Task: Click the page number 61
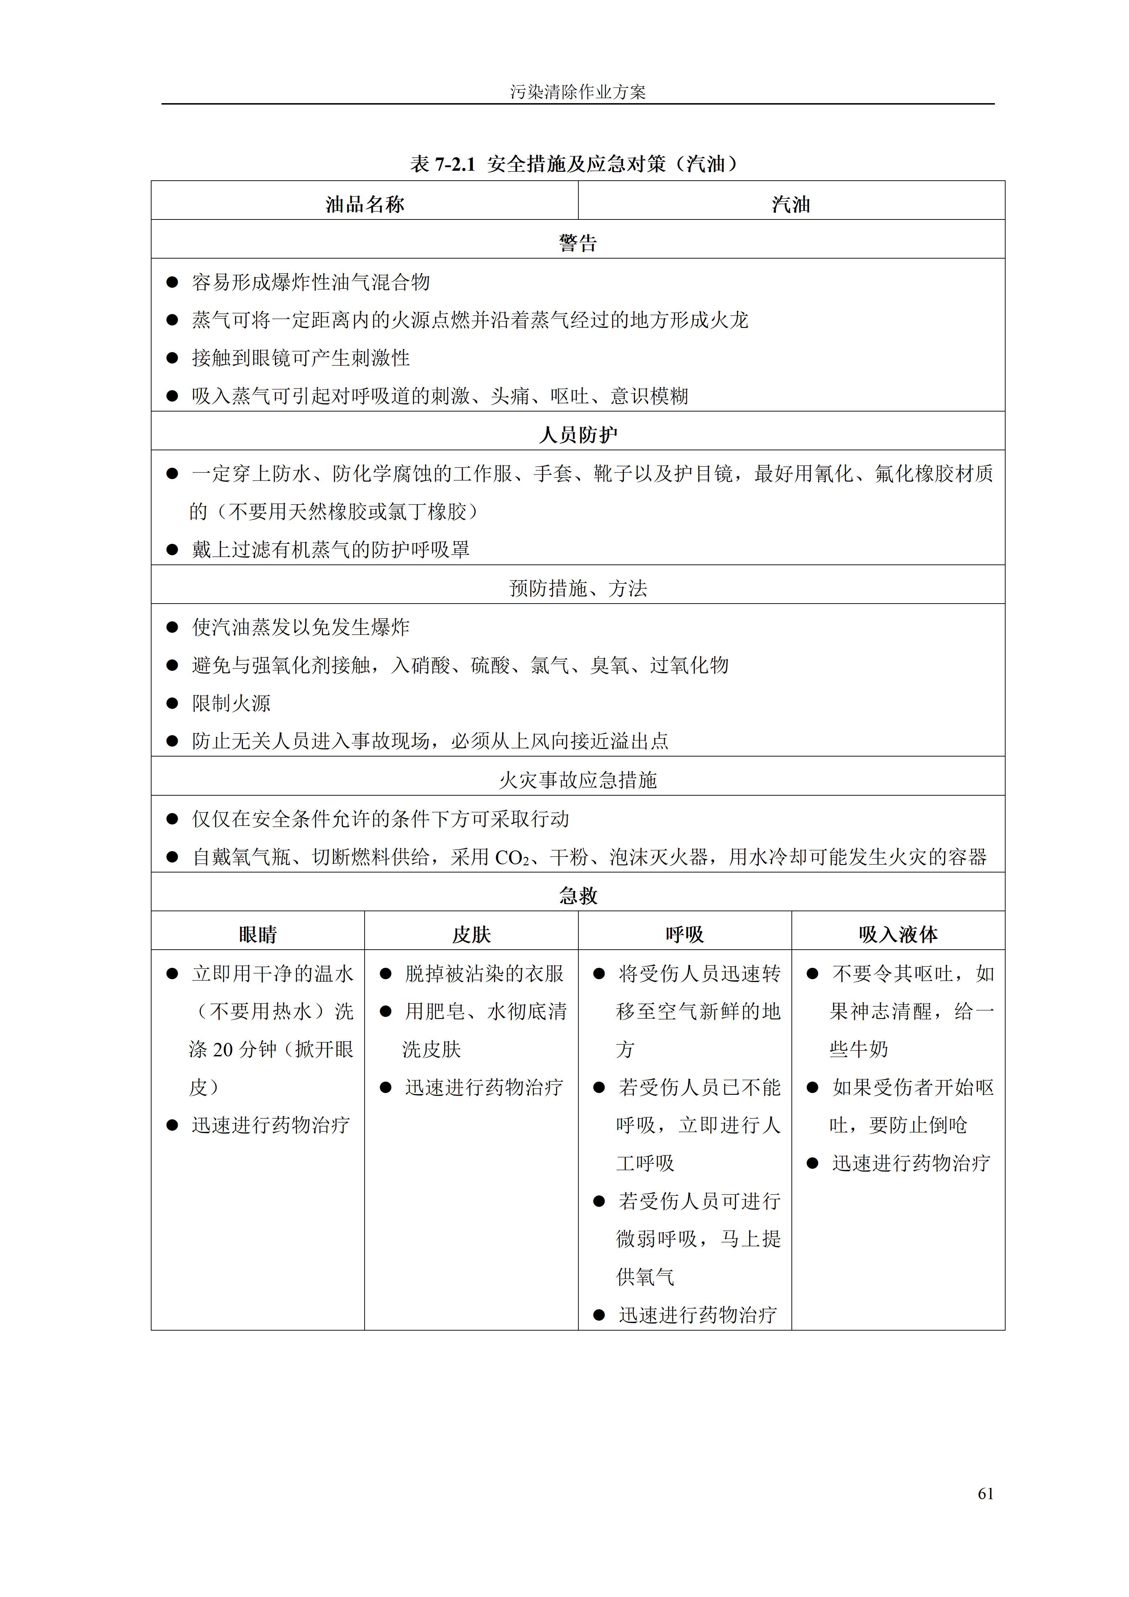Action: point(985,1493)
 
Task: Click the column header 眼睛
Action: point(258,934)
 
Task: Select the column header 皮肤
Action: point(471,934)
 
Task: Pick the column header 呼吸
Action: point(684,934)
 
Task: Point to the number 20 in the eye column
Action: point(223,1049)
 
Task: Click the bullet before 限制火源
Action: point(172,703)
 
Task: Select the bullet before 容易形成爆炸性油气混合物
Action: point(172,282)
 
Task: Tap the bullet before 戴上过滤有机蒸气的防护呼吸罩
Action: point(172,550)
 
